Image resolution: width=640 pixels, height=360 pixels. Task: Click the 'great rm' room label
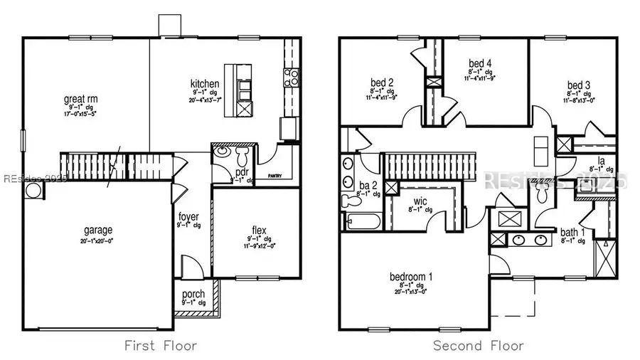tap(80, 99)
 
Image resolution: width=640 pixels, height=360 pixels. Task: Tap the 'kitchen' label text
tap(204, 85)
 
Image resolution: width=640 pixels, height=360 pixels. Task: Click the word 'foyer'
tap(188, 216)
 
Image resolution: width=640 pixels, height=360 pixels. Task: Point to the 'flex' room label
tap(259, 229)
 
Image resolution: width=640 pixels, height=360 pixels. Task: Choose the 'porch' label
tap(193, 294)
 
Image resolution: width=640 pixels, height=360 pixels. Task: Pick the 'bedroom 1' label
tap(411, 276)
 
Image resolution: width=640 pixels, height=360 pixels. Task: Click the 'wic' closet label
tap(419, 201)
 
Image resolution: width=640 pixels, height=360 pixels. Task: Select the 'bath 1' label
tap(570, 233)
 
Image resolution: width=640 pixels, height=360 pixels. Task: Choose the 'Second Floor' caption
tap(479, 346)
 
